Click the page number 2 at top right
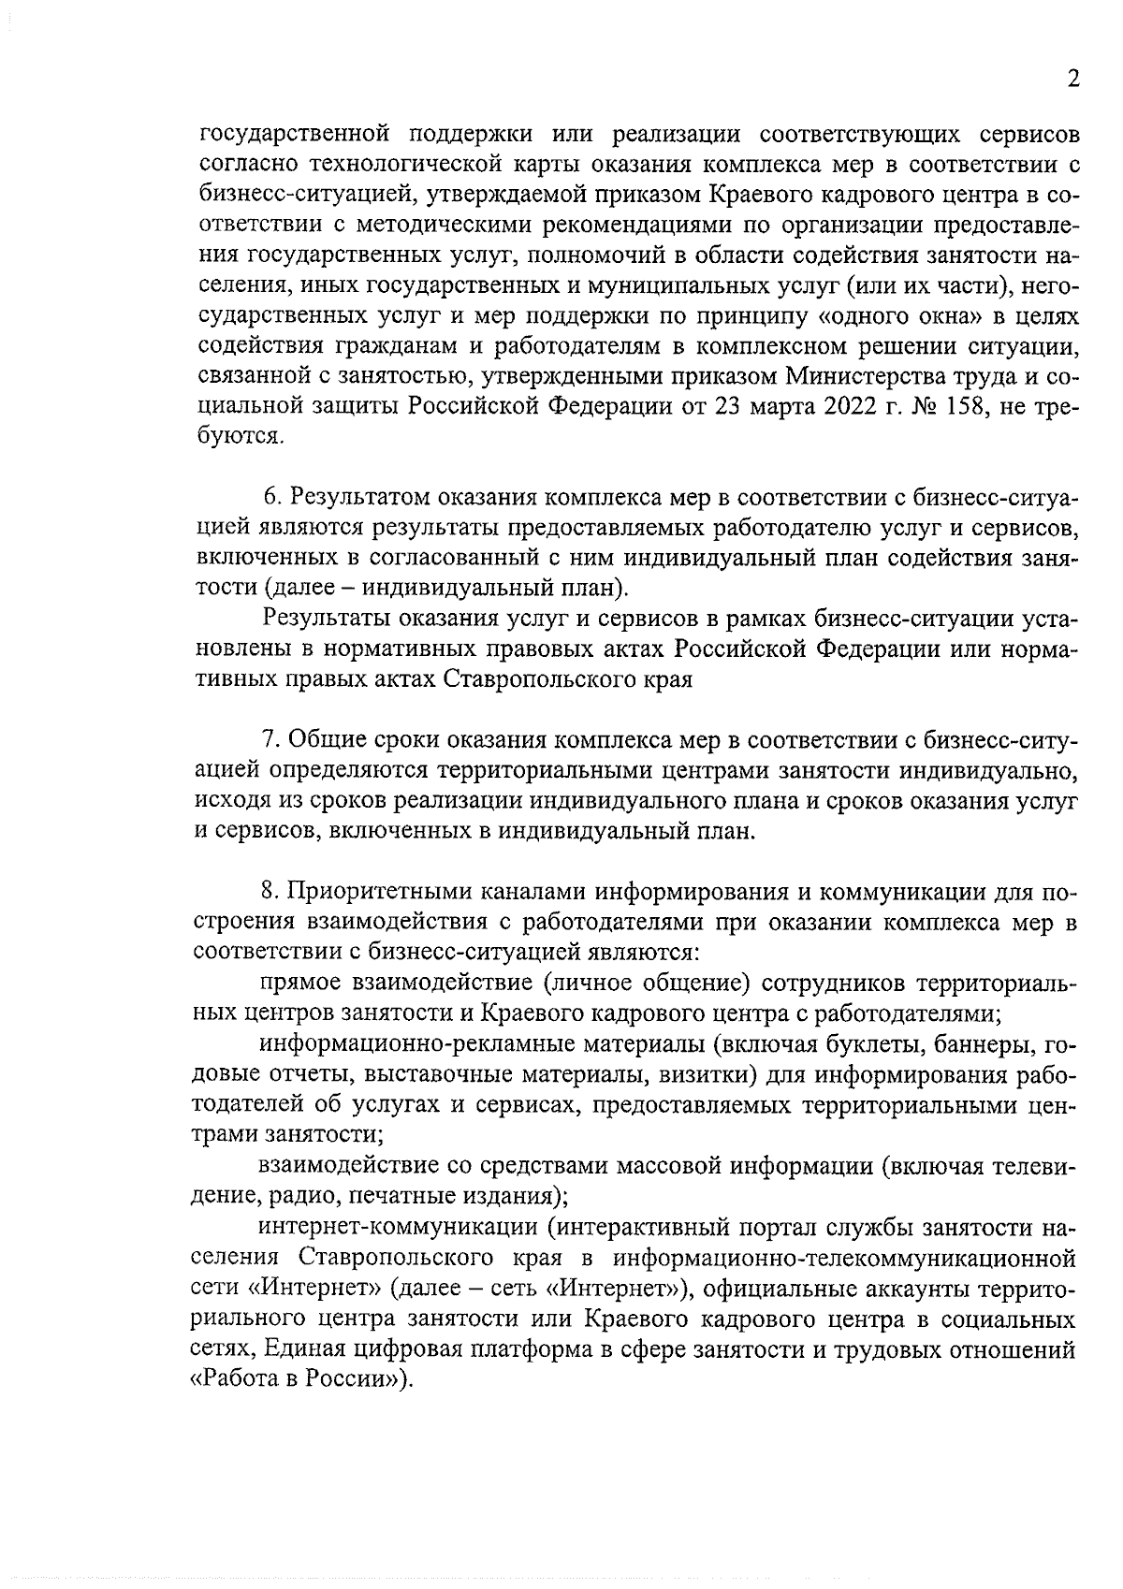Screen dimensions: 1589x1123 1073,80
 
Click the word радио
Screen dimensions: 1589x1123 302,1196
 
